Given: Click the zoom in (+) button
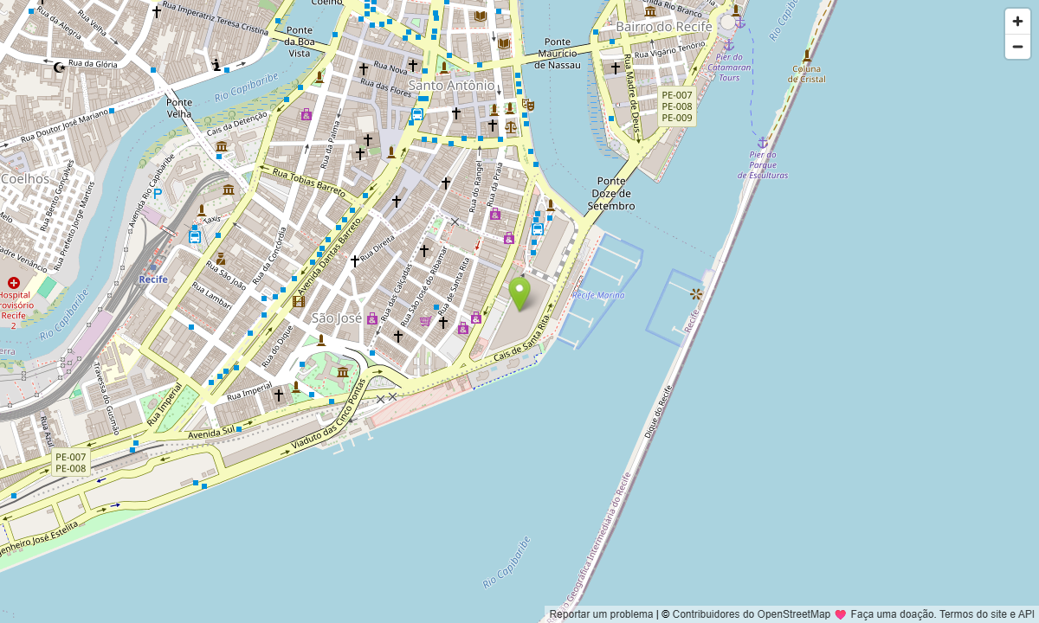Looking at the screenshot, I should (1017, 22).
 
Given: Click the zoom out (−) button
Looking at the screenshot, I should (1017, 47).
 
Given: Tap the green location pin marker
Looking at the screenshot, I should (519, 293).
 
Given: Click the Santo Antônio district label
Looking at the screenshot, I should (451, 85).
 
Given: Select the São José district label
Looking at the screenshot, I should (337, 318).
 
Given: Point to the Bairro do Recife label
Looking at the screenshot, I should (663, 27).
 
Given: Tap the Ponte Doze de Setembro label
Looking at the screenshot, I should (611, 194).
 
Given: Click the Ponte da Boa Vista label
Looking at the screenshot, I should (299, 42).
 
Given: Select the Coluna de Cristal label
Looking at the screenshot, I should (807, 74).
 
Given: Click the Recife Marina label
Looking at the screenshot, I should (597, 295).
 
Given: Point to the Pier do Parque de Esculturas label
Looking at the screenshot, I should (763, 164).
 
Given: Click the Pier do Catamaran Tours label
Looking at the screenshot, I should (729, 67).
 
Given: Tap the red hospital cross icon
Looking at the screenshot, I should (14, 283).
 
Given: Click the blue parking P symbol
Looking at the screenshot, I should (158, 194).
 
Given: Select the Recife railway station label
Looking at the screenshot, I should (153, 279).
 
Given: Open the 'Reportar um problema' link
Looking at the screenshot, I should (601, 614).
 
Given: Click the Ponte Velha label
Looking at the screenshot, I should (179, 107).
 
